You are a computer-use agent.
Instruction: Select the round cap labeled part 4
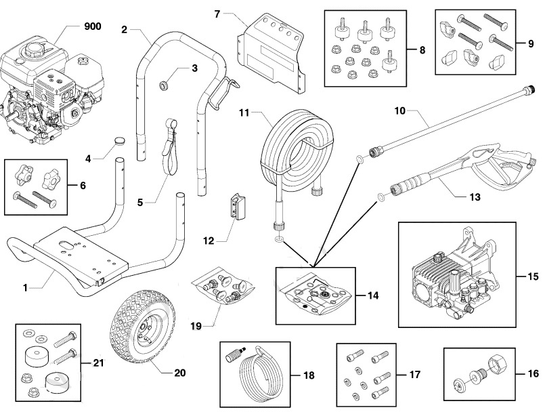pyautogui.click(x=120, y=140)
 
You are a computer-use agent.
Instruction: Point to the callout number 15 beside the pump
pyautogui.click(x=533, y=276)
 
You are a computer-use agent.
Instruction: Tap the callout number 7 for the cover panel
pyautogui.click(x=218, y=14)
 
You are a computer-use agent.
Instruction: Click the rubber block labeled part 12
pyautogui.click(x=238, y=205)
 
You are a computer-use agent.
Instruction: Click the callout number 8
pyautogui.click(x=422, y=50)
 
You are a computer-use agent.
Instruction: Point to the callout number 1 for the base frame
pyautogui.click(x=25, y=288)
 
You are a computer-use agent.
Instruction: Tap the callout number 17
pyautogui.click(x=414, y=374)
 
